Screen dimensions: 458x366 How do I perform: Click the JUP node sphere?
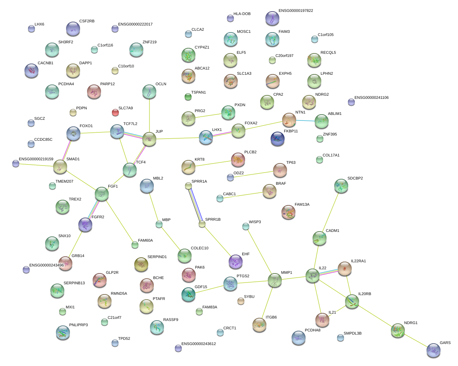149,139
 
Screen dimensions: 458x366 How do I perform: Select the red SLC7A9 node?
115,112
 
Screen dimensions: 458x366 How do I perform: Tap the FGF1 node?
102,194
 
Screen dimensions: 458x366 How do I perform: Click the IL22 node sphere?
313,276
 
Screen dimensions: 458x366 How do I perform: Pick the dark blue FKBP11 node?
278,139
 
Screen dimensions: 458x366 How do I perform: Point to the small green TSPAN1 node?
188,97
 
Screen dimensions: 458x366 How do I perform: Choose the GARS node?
434,350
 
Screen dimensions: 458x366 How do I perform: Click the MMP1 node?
275,280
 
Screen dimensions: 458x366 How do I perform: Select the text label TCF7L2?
130,124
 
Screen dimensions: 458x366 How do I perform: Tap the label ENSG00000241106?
371,98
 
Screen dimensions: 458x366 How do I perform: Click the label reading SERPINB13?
74,283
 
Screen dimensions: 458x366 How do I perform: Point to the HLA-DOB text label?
242,14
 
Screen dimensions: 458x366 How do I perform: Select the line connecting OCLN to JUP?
149,115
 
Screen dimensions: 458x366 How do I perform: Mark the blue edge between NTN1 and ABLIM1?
306,121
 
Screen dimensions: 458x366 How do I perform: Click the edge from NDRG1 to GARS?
416,341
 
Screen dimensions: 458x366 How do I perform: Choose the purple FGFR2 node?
85,225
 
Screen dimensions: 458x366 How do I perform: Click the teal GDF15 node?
188,295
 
